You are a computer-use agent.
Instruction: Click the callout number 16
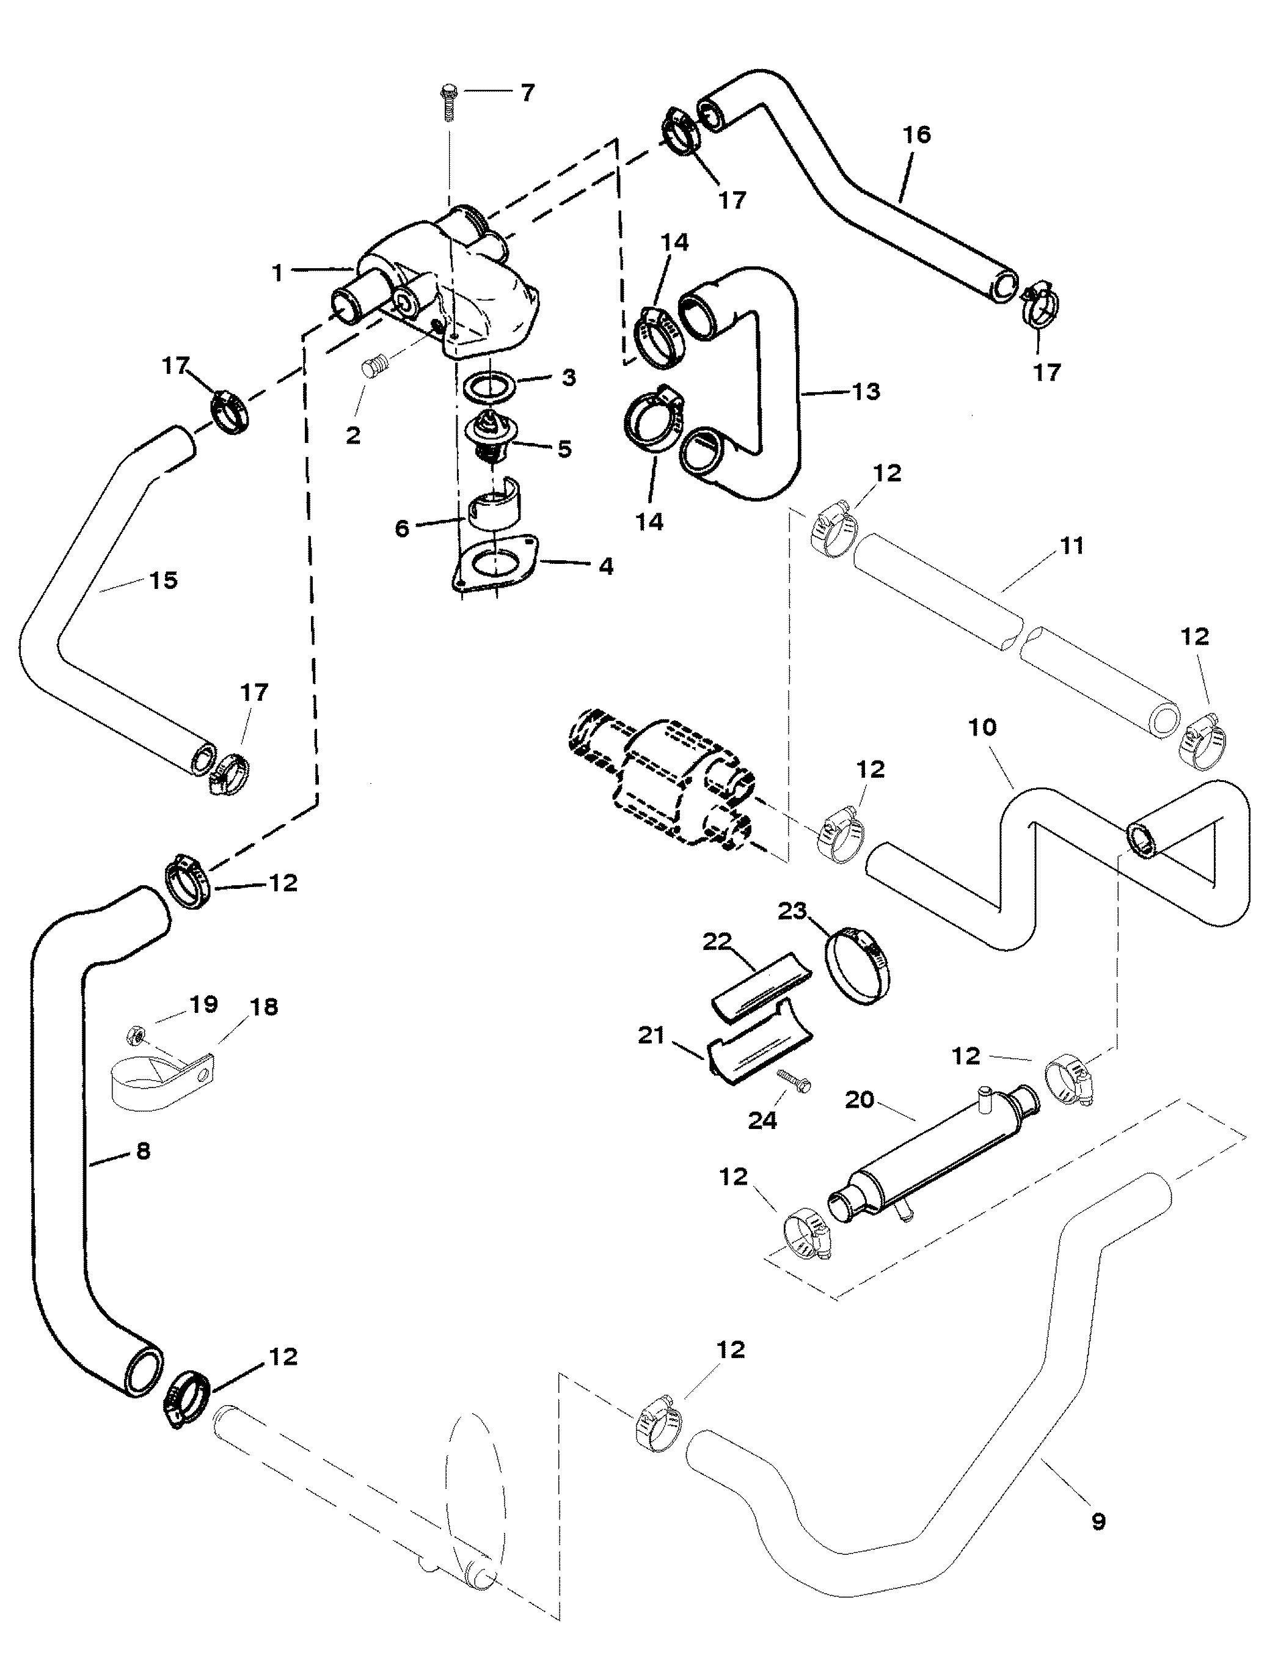pos(916,135)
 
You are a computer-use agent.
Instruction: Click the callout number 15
pos(164,581)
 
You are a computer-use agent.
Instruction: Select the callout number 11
pos(1072,545)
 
